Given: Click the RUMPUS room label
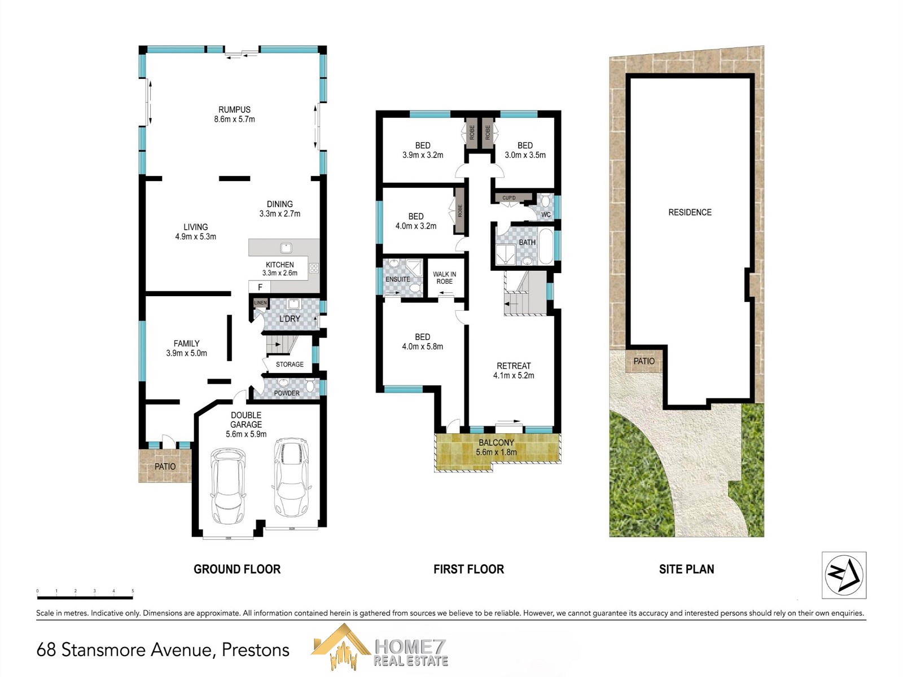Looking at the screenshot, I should point(234,109).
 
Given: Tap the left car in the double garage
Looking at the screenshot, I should point(228,485).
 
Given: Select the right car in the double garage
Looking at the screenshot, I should point(291,477).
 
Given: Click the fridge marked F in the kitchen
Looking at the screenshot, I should point(260,287).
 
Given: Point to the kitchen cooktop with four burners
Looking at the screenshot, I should point(314,269).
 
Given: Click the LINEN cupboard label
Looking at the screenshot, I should point(260,303).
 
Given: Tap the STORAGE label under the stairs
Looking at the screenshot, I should point(290,364).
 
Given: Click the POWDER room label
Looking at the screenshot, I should point(287,393).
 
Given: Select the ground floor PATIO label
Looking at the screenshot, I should point(165,467).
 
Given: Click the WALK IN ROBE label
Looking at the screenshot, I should point(445,278).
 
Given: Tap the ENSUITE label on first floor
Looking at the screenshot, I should point(398,279).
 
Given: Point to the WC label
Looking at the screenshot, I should point(546,214).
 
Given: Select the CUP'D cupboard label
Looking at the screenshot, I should point(509,198).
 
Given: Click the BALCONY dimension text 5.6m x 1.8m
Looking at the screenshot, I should point(496,452).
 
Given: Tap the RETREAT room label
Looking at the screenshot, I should point(514,366).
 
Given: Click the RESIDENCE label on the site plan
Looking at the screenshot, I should point(690,212).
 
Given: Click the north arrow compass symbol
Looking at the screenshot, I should point(844,575).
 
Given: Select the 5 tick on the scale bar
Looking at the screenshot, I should point(133,591).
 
